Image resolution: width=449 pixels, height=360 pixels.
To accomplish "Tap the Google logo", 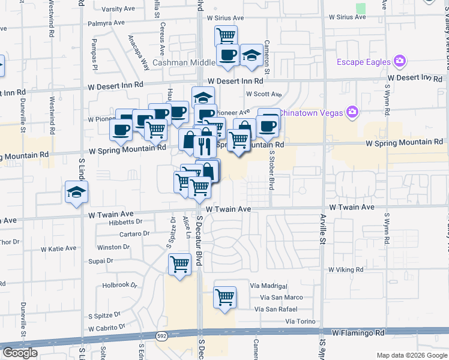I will [x=20, y=353].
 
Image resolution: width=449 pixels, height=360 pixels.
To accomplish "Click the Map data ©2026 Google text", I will [x=411, y=355].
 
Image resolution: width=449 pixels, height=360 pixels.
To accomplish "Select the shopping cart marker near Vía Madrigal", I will [x=224, y=297].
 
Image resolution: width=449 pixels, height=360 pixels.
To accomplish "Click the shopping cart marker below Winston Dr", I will [x=180, y=264].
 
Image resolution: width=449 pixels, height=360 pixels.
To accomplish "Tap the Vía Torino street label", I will [x=300, y=322].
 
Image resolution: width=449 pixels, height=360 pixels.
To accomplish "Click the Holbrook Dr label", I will [x=120, y=285].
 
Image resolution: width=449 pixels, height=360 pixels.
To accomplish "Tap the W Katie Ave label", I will [x=58, y=248].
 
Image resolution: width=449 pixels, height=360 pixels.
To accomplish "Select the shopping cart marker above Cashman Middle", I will [x=226, y=36].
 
